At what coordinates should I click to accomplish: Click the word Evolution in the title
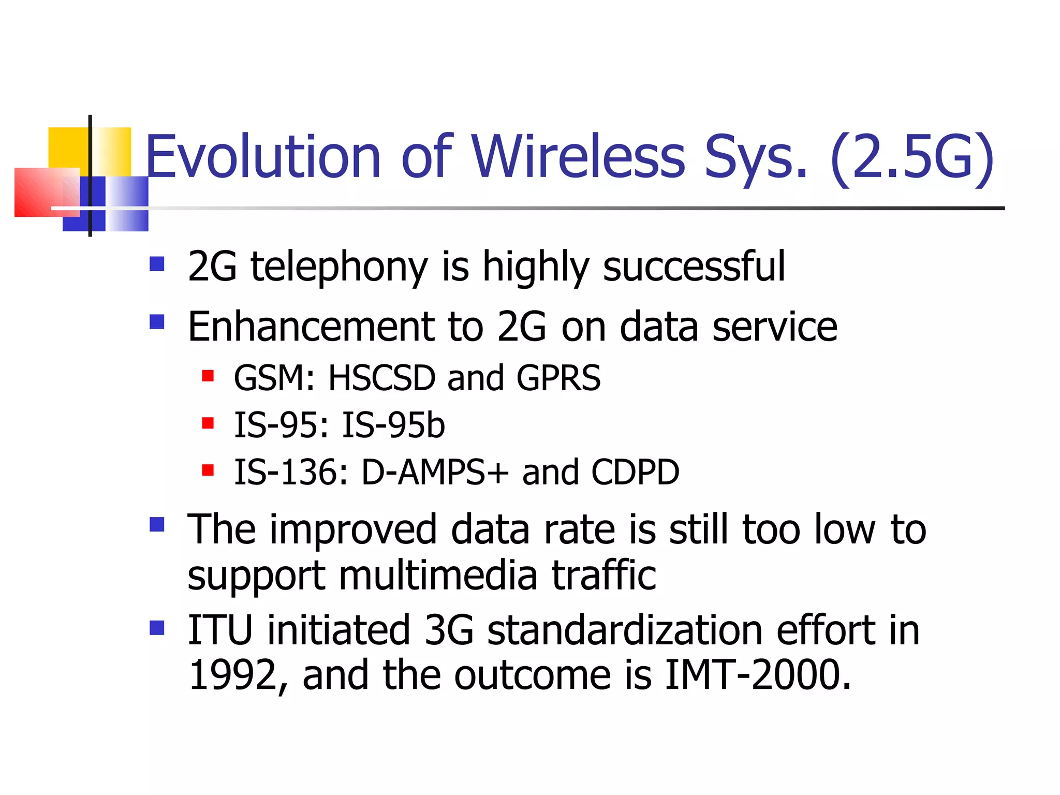pos(263,156)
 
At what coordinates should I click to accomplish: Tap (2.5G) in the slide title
pos(912,156)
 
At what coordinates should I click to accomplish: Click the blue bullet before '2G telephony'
pos(157,264)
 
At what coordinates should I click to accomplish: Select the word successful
pos(694,266)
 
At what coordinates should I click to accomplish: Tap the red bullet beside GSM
pos(208,376)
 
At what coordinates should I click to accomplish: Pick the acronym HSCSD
pos(382,378)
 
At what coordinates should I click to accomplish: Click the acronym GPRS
pos(558,378)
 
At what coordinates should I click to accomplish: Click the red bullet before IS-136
pos(208,470)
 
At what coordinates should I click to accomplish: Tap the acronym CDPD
pos(635,473)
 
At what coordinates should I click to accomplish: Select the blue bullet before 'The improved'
pos(157,524)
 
